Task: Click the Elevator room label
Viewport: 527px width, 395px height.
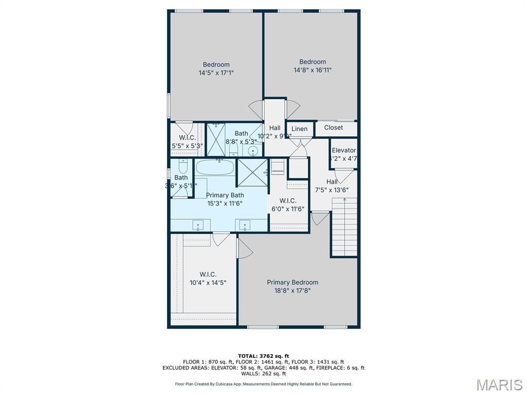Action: (343, 150)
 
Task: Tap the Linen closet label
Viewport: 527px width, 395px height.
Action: (300, 129)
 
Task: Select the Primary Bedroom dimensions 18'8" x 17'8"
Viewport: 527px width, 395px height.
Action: (292, 291)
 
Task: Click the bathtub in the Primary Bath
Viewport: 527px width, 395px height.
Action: (215, 167)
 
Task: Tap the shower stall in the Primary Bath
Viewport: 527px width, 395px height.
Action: (252, 172)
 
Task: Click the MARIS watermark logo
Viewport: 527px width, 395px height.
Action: (499, 384)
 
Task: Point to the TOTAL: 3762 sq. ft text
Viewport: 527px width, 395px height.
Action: (263, 356)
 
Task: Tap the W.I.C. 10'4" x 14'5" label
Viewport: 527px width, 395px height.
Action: (208, 278)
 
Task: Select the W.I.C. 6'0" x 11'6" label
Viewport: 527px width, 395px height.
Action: (288, 205)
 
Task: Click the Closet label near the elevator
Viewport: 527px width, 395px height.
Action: (333, 128)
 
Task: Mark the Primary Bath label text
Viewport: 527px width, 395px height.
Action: (225, 195)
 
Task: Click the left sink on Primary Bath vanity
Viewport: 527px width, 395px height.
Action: (198, 225)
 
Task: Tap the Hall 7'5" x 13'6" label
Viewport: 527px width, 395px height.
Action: (332, 186)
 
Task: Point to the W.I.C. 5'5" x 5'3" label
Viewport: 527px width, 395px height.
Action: (187, 141)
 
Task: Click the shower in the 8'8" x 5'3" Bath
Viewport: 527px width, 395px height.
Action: (216, 139)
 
